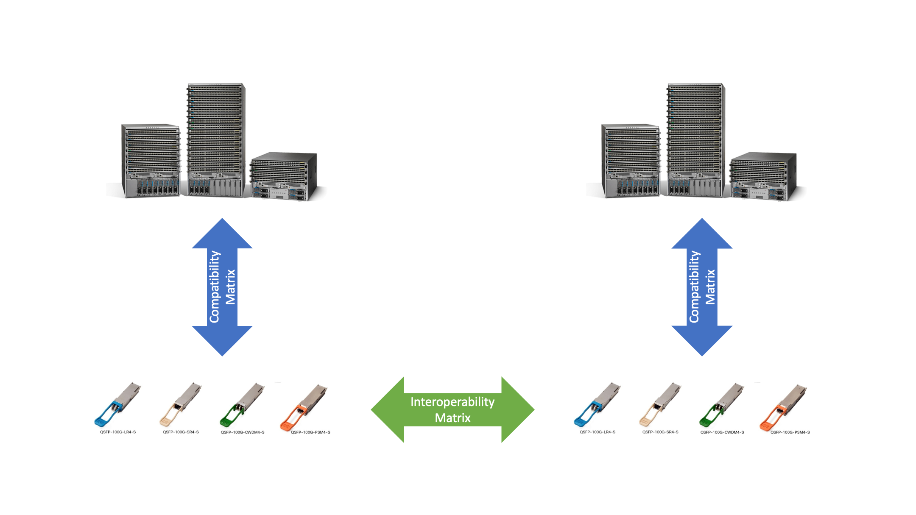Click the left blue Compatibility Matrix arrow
[x=222, y=287]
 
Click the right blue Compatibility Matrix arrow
[x=702, y=287]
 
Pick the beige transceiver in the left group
[x=181, y=405]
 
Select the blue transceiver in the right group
[x=597, y=405]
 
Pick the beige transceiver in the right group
[x=660, y=405]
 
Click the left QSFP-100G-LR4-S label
[x=118, y=432]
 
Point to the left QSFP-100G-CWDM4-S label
[x=243, y=432]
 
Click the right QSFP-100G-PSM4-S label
[x=790, y=432]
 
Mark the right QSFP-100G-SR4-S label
[x=660, y=432]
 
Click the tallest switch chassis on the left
[x=216, y=140]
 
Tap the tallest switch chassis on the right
[x=696, y=140]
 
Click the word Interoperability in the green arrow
[x=452, y=402]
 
